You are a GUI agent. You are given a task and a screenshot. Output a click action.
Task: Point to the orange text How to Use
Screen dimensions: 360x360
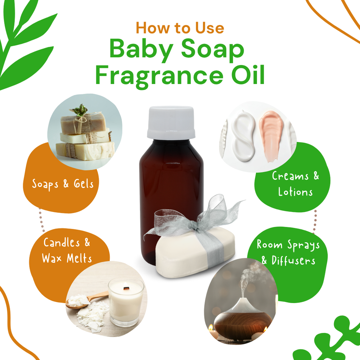180,28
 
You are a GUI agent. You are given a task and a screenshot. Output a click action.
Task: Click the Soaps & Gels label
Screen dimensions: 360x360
63,184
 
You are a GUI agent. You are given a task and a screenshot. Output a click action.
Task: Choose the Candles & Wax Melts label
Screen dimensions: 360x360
67,250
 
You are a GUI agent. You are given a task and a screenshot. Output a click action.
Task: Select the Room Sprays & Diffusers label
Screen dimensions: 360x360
288,252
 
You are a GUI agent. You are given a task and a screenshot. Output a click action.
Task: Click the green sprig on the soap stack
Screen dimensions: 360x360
81,110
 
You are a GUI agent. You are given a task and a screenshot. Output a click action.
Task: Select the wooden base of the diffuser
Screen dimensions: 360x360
243,323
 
